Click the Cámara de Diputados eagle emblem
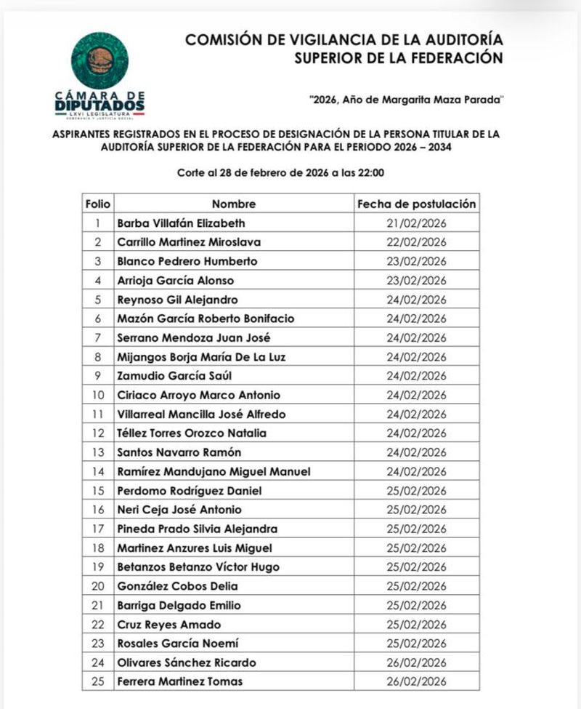[99, 60]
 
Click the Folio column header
[97, 204]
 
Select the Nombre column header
[234, 204]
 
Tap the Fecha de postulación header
[416, 204]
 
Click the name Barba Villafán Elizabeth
[181, 223]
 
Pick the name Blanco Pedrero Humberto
[187, 261]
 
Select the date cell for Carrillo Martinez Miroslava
[416, 242]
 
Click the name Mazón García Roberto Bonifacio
[206, 319]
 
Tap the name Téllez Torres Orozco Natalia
[192, 433]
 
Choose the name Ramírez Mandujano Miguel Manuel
[214, 472]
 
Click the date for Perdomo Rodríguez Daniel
[416, 491]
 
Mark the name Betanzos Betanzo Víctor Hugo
[198, 567]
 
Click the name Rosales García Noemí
[177, 644]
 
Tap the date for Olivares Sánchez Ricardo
[416, 662]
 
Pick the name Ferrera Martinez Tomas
[179, 681]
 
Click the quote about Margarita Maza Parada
[406, 99]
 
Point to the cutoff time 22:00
[368, 173]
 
